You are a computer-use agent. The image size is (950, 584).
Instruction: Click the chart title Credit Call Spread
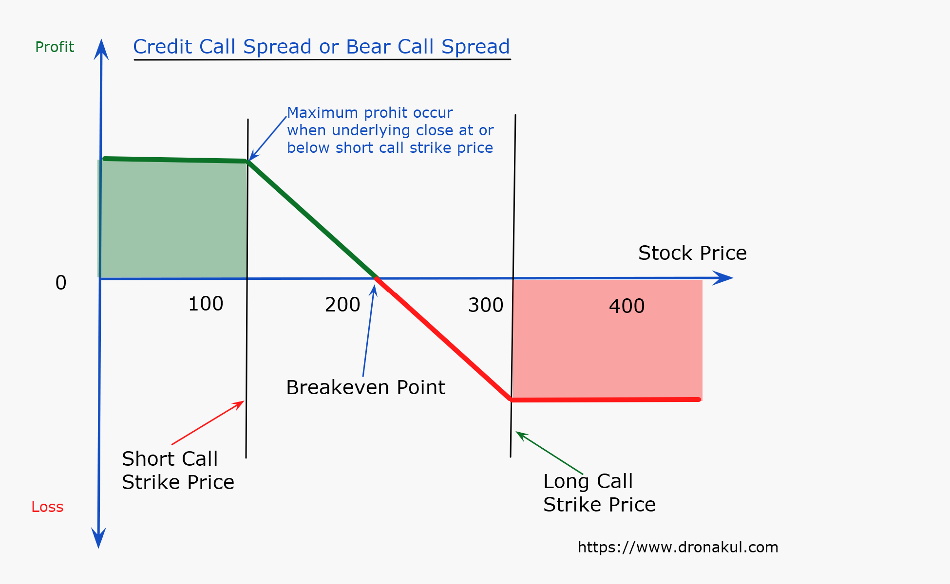322,47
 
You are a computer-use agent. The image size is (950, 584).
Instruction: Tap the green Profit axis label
55,47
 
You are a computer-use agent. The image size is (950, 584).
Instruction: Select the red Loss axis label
47,507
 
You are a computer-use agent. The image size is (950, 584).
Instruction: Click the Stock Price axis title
692,254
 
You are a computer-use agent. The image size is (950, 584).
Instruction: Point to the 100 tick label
206,304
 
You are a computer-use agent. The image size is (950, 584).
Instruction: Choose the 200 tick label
342,305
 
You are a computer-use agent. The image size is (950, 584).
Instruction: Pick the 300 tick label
486,306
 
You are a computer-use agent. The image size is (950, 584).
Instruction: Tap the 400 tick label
627,307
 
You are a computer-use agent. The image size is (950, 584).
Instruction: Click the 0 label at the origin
61,283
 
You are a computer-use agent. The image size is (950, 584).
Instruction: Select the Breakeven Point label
365,388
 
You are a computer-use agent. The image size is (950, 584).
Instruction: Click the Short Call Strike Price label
178,471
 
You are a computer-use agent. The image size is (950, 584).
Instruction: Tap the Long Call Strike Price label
599,493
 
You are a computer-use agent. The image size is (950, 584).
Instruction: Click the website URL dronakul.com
678,547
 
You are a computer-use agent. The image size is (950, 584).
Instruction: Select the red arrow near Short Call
208,422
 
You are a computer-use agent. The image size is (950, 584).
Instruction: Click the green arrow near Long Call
549,453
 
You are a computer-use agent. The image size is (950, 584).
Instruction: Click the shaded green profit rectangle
172,219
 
